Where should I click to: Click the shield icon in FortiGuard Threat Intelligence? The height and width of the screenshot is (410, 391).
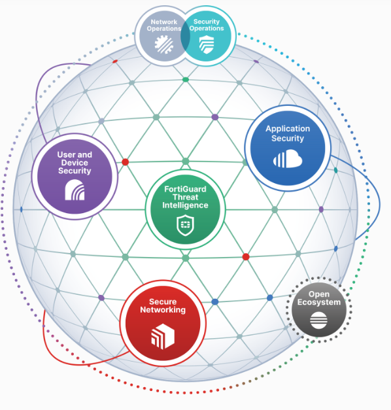tap(185, 225)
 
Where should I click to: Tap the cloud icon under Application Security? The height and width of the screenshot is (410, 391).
tap(288, 159)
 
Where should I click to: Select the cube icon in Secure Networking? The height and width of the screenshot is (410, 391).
tap(163, 336)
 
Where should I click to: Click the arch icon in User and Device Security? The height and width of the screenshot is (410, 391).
tap(75, 190)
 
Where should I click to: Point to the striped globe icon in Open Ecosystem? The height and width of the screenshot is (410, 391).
tap(318, 320)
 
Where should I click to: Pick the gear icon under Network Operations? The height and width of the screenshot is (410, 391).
tap(163, 44)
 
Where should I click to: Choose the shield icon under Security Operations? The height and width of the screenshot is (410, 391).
tap(207, 44)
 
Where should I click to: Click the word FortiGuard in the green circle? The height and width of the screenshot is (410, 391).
tap(185, 189)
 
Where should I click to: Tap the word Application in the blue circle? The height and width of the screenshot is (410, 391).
tap(288, 129)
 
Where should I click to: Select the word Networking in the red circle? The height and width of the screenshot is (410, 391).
tap(163, 310)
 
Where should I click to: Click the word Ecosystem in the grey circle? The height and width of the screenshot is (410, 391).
tap(319, 302)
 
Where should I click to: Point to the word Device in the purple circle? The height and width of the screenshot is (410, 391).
tap(75, 163)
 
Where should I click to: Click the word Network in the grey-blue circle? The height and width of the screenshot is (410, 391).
tap(164, 22)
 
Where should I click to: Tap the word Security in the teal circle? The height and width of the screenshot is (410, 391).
tap(207, 22)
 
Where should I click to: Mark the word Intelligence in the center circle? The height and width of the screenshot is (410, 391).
tap(185, 205)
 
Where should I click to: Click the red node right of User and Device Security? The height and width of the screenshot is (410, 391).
tap(126, 162)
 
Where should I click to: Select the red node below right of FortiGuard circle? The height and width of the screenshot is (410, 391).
tap(246, 257)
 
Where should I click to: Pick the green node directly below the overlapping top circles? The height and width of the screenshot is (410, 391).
tap(186, 80)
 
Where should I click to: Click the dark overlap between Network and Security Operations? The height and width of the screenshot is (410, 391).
tap(185, 37)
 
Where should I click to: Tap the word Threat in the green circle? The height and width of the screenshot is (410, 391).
tap(185, 197)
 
